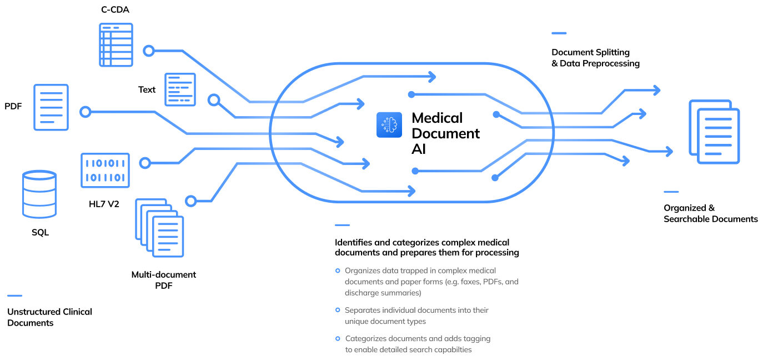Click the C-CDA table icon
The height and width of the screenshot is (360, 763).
point(116,44)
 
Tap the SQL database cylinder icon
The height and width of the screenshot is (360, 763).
point(39,194)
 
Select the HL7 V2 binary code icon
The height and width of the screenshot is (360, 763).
point(105,170)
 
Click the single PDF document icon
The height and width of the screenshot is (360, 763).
point(51,107)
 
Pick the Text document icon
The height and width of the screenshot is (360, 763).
point(180,89)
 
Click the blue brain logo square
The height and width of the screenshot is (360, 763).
point(389,125)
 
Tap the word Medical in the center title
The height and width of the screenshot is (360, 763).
point(437,118)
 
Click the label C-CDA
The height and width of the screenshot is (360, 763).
point(116,9)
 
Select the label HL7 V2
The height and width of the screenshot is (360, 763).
point(104,204)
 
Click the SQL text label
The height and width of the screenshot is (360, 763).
point(40,232)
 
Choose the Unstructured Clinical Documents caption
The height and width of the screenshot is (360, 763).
point(49,317)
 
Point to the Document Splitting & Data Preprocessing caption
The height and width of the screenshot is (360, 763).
point(595,58)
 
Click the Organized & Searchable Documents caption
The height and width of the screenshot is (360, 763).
point(710,213)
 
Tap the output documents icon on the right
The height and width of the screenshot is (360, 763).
point(714,132)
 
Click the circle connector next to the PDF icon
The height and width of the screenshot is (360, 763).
point(85,112)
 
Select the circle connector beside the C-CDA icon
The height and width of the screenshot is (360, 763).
point(148,51)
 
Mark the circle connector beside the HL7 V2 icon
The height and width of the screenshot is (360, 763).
point(145,163)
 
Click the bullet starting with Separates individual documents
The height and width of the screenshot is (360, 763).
point(416,315)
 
